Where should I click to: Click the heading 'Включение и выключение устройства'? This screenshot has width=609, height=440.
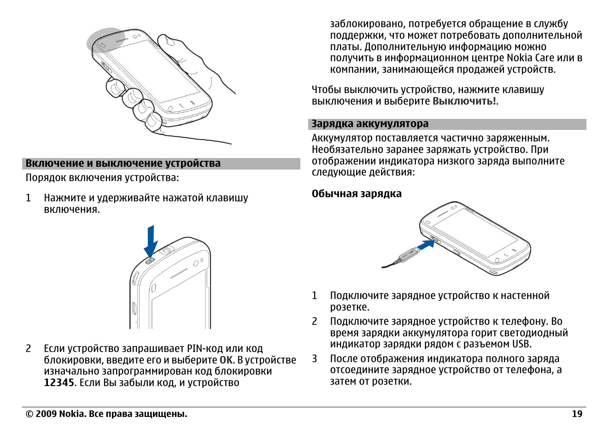point(123,164)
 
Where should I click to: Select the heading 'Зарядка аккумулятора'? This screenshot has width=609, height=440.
point(370,124)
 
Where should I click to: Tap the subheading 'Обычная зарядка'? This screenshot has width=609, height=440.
point(357,194)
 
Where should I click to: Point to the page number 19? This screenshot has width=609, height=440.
point(577,414)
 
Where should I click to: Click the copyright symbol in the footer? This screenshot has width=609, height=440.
point(29,414)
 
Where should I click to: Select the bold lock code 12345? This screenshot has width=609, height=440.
point(59,383)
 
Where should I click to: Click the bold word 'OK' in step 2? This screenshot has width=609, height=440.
point(226,360)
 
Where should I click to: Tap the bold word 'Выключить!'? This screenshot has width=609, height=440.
point(464,101)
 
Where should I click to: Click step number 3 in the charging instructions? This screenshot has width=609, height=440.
point(315,359)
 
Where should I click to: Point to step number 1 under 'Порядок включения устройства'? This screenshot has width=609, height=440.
point(29,198)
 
